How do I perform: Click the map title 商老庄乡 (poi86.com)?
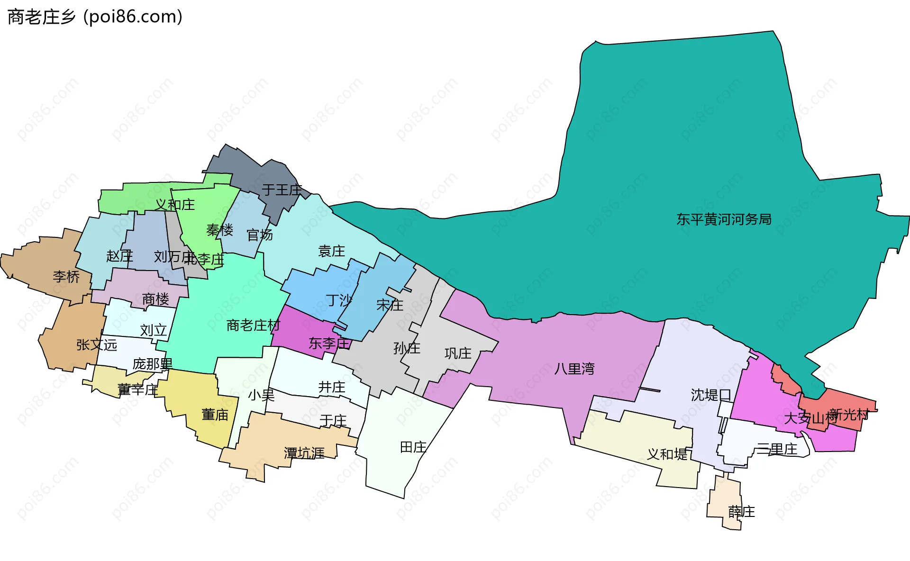tap(95, 17)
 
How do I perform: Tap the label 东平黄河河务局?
tap(724, 219)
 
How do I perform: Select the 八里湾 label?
tap(574, 369)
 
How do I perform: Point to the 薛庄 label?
tap(741, 512)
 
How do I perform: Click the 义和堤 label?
tap(667, 454)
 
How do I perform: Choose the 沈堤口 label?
tap(711, 395)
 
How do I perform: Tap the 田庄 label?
tap(413, 447)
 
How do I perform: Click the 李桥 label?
tap(66, 276)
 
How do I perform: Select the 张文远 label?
tap(97, 344)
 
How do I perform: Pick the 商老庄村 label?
tap(253, 325)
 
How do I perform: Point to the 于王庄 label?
tap(282, 190)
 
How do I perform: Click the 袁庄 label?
tap(331, 251)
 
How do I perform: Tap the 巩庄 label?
tap(458, 353)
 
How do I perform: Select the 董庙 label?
tap(215, 415)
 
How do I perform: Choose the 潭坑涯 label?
tap(304, 453)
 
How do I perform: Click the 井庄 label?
tap(331, 387)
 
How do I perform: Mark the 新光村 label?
tap(849, 415)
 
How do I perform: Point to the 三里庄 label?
tap(777, 449)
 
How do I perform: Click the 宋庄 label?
tap(390, 305)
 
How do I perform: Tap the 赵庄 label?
tap(119, 256)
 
